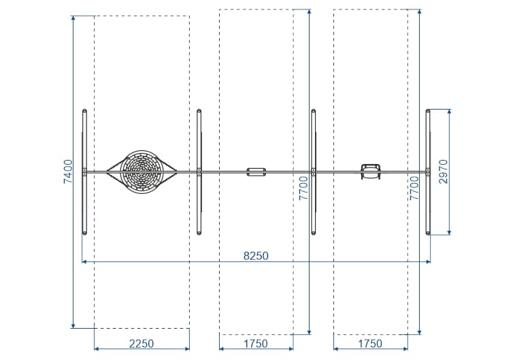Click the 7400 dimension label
[x=67, y=171]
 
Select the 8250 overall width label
[x=256, y=256]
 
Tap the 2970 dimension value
[x=443, y=171]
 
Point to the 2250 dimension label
[x=142, y=344]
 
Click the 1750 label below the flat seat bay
[x=256, y=344]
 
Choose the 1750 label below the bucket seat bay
[x=370, y=344]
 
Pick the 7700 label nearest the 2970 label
[x=414, y=188]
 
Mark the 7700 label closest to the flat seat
[x=303, y=188]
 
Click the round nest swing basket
[x=142, y=171]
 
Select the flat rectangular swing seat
[x=256, y=171]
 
